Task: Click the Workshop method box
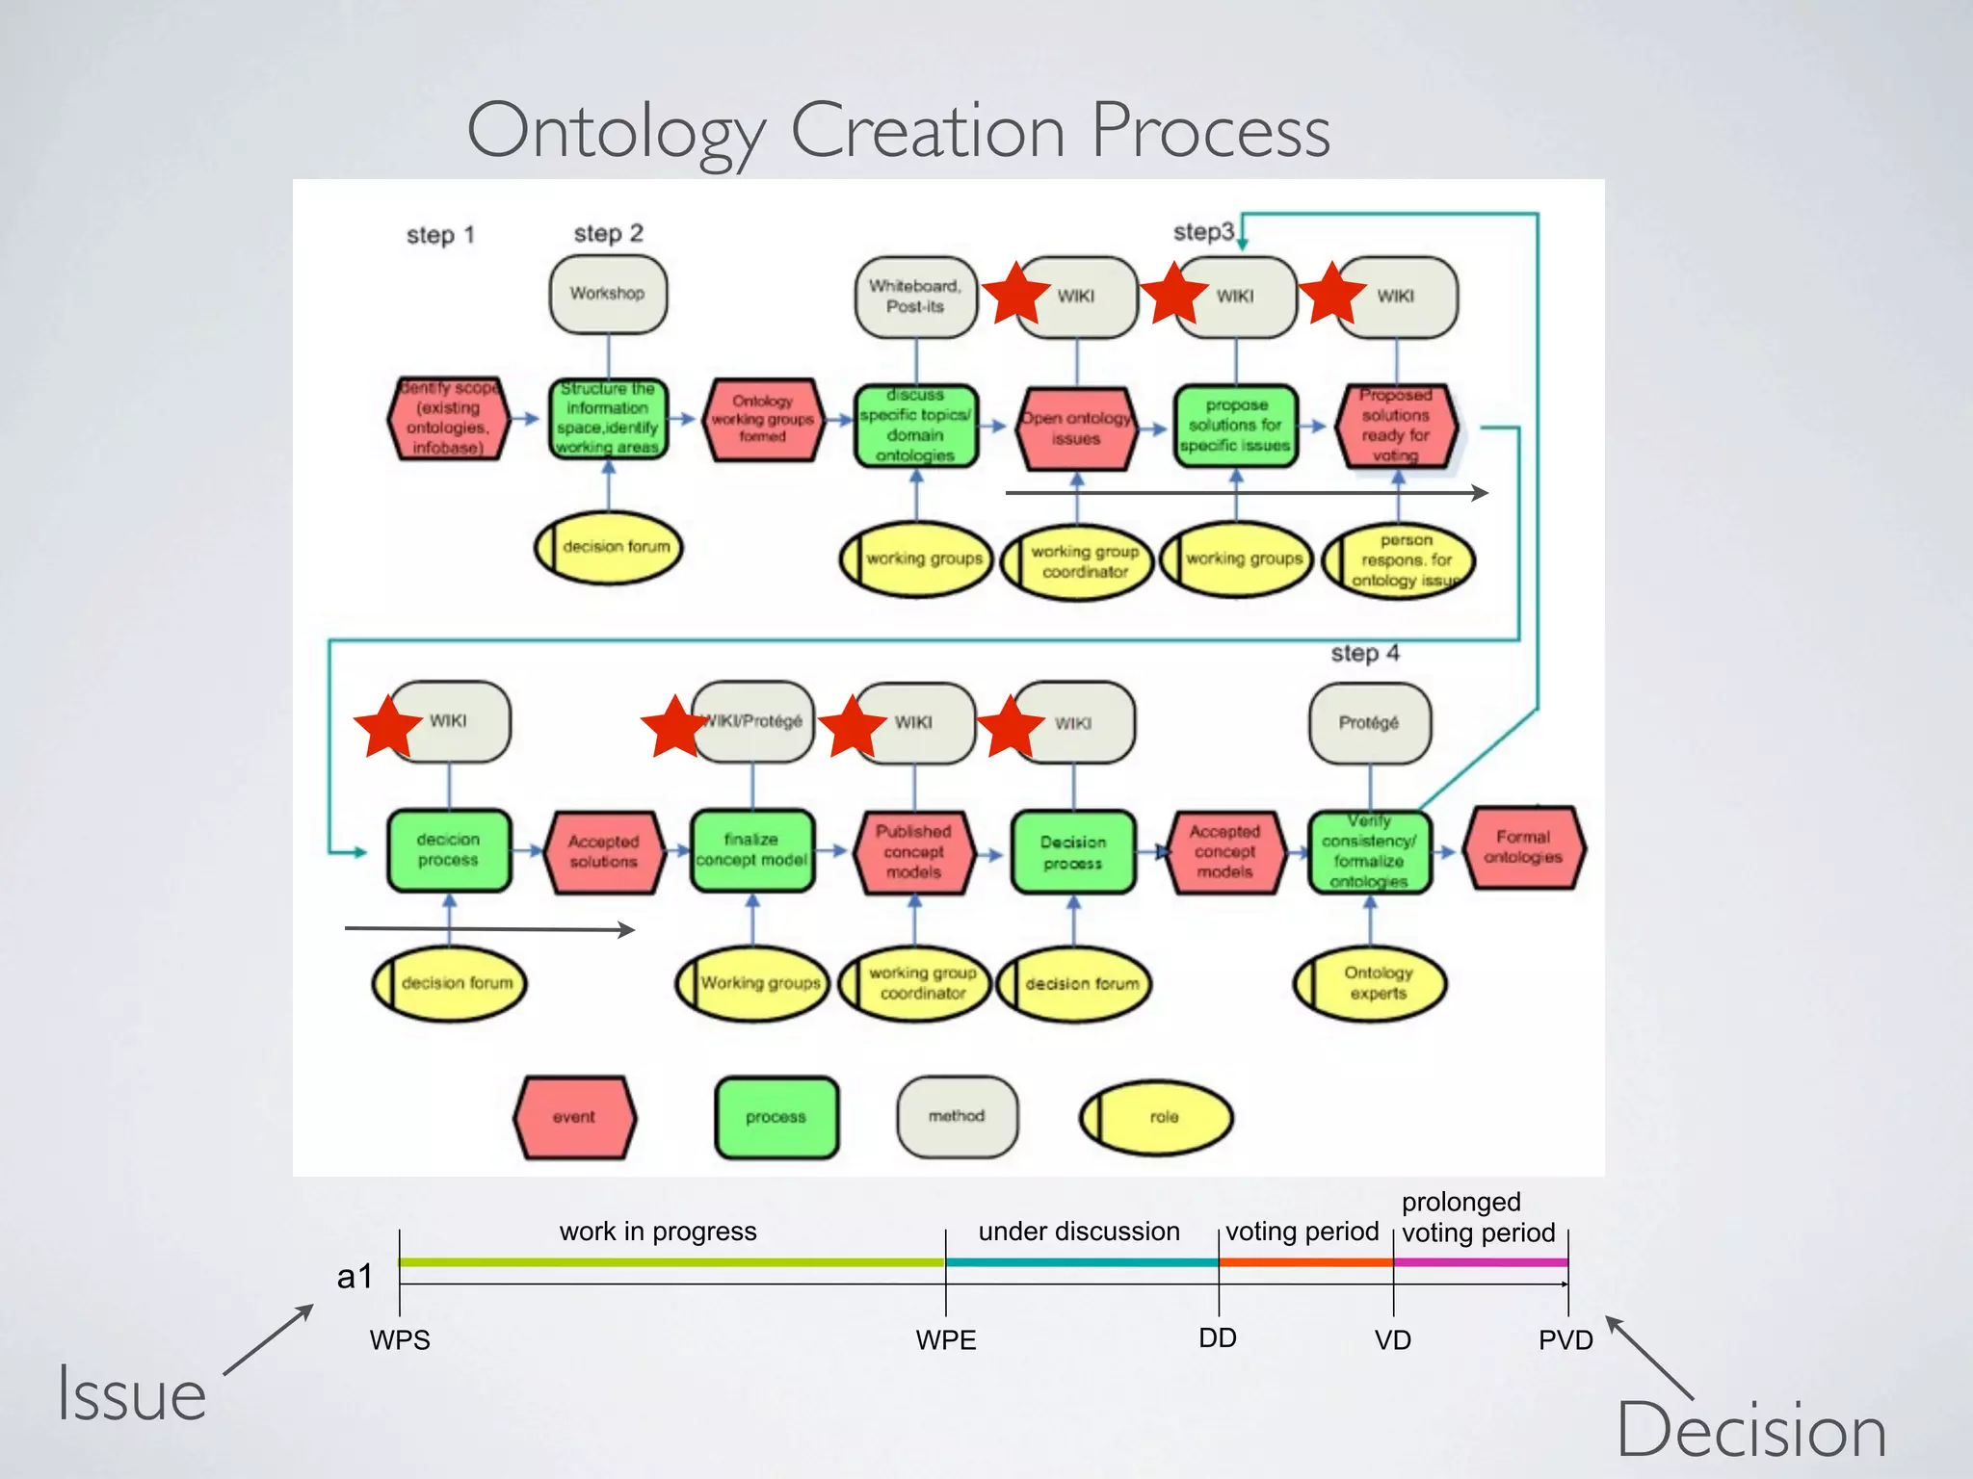click(608, 294)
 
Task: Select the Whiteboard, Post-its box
click(915, 297)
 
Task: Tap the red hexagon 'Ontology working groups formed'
click(763, 419)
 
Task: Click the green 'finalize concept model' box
click(751, 850)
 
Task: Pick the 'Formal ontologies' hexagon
click(1523, 847)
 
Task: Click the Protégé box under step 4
click(1369, 722)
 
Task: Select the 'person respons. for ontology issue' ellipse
click(1399, 560)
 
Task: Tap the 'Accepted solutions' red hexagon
click(604, 852)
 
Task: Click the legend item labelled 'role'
click(1156, 1117)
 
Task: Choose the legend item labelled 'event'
click(575, 1117)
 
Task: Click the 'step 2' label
click(608, 233)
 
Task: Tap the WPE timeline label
click(945, 1340)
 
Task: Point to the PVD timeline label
click(1565, 1340)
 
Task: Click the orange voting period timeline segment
click(1305, 1261)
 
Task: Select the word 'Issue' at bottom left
click(132, 1393)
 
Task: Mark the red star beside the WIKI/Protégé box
click(674, 726)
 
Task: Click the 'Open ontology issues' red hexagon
click(1076, 428)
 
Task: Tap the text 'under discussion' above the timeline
click(1079, 1232)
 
